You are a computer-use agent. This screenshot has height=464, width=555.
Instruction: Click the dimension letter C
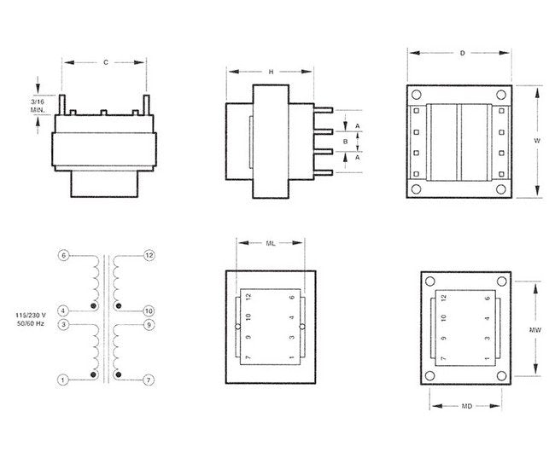pos(105,61)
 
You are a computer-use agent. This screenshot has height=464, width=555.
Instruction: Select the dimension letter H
pos(271,72)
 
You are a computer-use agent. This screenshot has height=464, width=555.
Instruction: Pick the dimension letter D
pos(462,53)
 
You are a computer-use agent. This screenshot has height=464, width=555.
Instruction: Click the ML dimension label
pos(270,243)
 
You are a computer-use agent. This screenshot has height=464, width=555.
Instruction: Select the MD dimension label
pos(467,406)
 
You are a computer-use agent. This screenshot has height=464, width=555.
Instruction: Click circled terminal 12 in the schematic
pos(149,256)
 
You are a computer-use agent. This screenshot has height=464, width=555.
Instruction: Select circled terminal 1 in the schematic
pos(62,379)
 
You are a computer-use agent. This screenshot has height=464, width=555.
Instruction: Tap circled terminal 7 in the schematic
pos(149,379)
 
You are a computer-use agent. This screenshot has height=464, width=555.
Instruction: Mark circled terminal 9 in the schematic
pos(149,324)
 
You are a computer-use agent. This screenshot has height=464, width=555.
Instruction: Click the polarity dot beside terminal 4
pos(93,304)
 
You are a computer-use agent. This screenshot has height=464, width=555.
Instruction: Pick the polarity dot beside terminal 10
pos(119,304)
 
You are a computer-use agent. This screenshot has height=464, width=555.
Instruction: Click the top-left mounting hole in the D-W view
pos(417,93)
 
